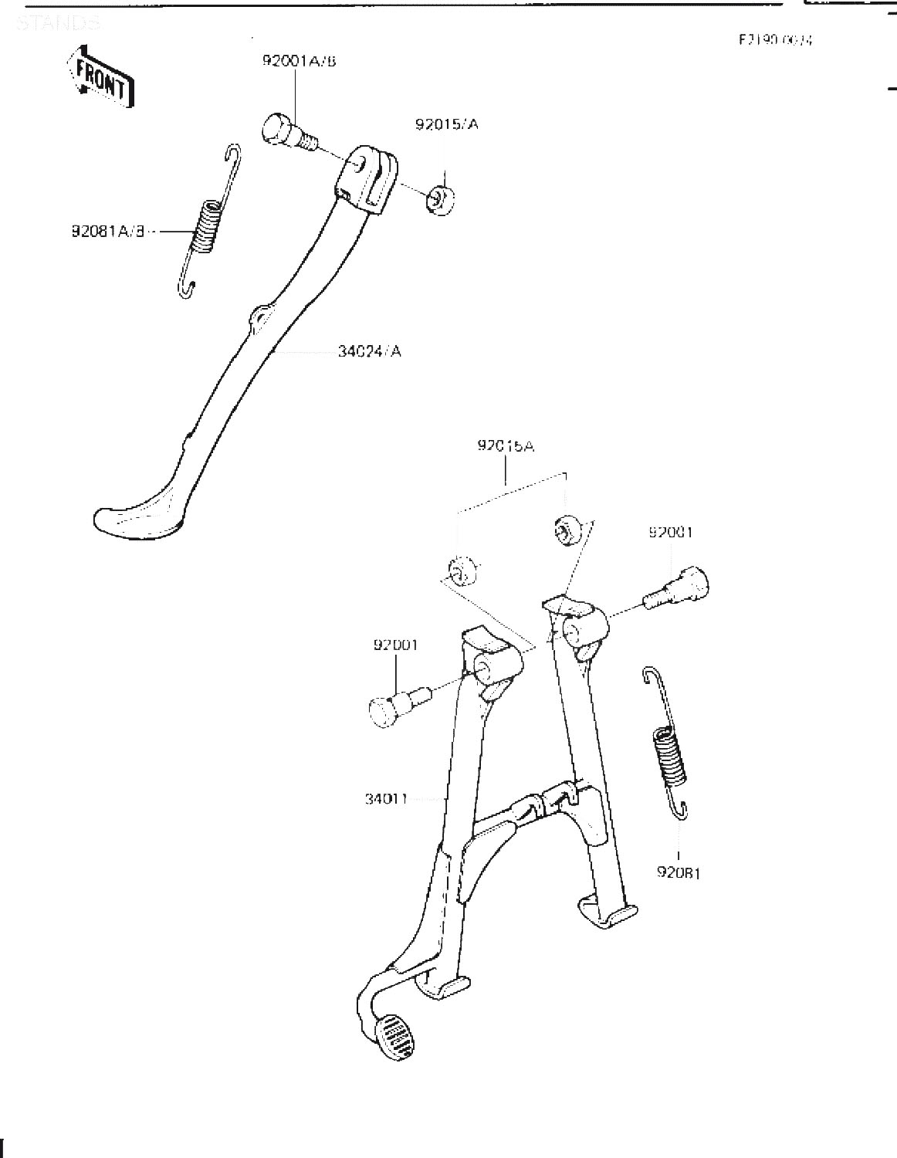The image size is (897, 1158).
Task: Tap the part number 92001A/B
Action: click(x=299, y=61)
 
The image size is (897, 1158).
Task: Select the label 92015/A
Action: click(x=446, y=124)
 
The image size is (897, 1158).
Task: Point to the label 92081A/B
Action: click(x=108, y=230)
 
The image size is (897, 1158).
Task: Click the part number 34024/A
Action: click(x=369, y=352)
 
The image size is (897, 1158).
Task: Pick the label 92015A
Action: click(x=506, y=445)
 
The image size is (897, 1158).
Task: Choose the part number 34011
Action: click(x=386, y=798)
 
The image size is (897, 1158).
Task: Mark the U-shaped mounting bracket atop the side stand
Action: click(x=368, y=178)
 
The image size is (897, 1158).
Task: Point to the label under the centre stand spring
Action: click(x=678, y=873)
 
